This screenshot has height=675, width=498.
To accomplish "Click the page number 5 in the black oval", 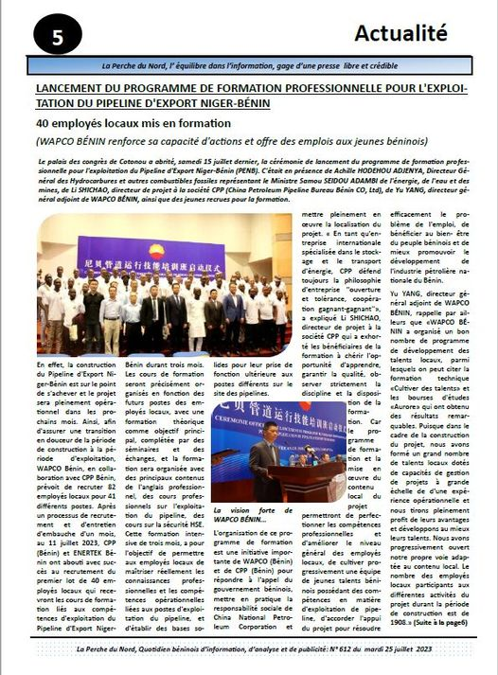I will (58, 38).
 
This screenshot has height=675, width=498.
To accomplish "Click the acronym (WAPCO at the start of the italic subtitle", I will (60, 141).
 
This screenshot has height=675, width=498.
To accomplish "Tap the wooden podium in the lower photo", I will (298, 479).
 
